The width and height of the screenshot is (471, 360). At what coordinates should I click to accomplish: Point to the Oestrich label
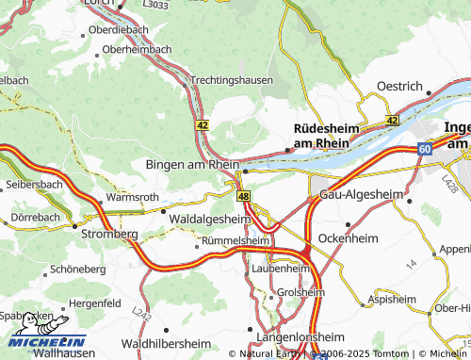(398, 86)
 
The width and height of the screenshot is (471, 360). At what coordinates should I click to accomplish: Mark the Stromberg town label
(110, 233)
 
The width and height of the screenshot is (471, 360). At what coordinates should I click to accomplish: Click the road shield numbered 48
(244, 195)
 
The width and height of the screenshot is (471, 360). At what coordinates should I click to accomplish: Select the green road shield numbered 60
(425, 149)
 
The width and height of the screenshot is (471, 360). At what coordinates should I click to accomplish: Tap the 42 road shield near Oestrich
(392, 121)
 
